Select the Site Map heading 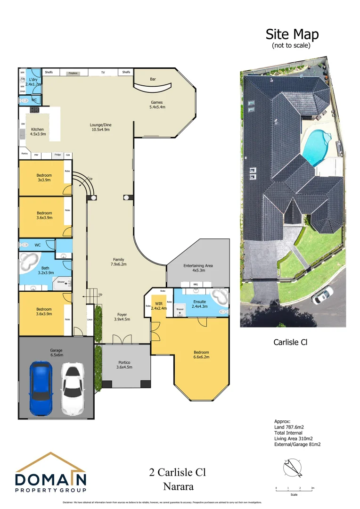[x=292, y=34]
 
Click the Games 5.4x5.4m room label [x=158, y=105]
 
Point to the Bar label [x=153, y=79]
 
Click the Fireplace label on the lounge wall [x=73, y=73]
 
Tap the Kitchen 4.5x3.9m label [x=37, y=131]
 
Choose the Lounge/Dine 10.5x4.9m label [x=101, y=127]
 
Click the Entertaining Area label [x=198, y=268]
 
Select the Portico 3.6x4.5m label [x=125, y=365]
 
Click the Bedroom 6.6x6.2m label [x=201, y=354]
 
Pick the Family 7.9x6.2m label [x=119, y=262]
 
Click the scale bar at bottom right [x=294, y=489]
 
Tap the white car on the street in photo [x=321, y=296]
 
